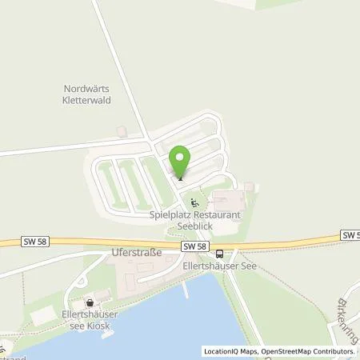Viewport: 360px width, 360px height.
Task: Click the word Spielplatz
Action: pos(170,214)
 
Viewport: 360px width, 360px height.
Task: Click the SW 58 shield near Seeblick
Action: pos(198,246)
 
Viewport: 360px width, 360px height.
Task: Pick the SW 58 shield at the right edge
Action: pos(350,234)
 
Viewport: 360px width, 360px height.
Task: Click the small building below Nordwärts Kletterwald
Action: pos(121,130)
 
